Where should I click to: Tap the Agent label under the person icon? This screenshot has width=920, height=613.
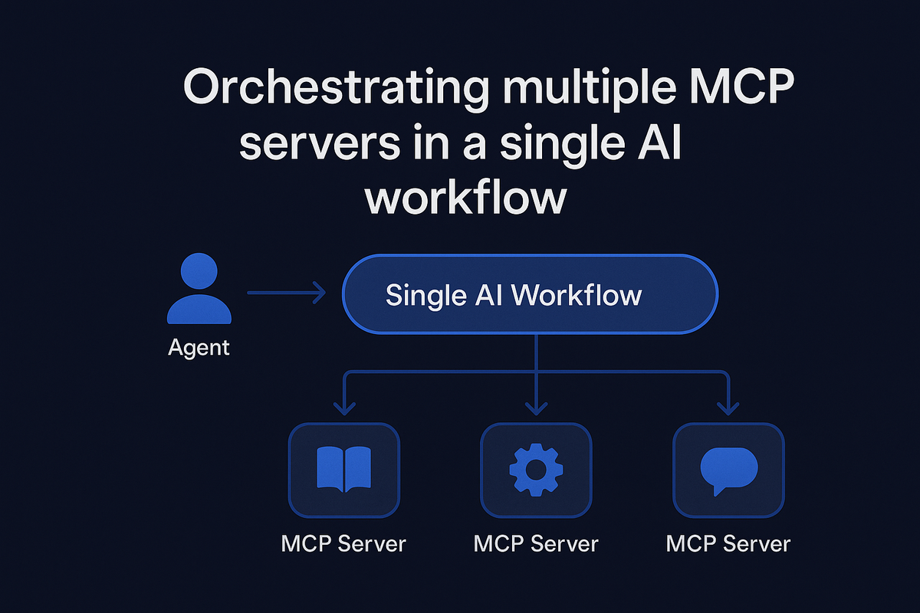click(x=199, y=347)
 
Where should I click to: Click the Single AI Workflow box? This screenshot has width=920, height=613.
click(x=529, y=295)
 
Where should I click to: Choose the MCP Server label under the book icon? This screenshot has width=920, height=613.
click(x=343, y=544)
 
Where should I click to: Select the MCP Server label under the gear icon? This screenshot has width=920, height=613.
click(x=536, y=544)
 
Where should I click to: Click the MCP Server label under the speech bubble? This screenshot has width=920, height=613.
click(x=728, y=544)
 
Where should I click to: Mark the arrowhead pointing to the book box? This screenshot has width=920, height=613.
click(x=343, y=408)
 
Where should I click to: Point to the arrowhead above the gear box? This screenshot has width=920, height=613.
click(x=536, y=408)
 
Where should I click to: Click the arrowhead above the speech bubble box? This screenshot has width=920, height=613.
click(x=728, y=408)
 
